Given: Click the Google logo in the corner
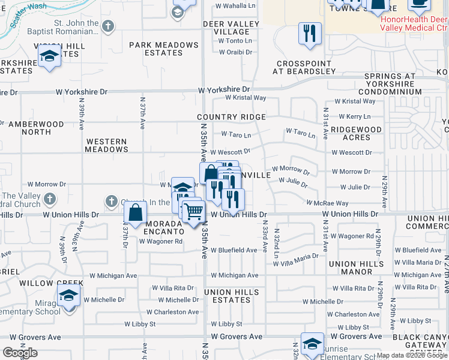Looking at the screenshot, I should [x=20, y=352].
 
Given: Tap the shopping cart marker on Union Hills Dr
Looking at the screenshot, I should [x=193, y=211].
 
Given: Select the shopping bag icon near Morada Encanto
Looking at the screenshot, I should [x=136, y=212].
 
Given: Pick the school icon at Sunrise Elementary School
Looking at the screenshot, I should [x=312, y=344].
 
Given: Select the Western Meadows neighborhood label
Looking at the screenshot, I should [x=106, y=146].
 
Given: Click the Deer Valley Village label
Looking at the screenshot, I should [x=231, y=28].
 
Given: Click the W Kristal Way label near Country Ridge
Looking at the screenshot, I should [x=246, y=97].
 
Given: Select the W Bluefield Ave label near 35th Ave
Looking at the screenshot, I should [x=234, y=250].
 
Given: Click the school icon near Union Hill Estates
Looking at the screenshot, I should [x=49, y=58].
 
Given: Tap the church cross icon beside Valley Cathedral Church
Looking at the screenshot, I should [x=50, y=198].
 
